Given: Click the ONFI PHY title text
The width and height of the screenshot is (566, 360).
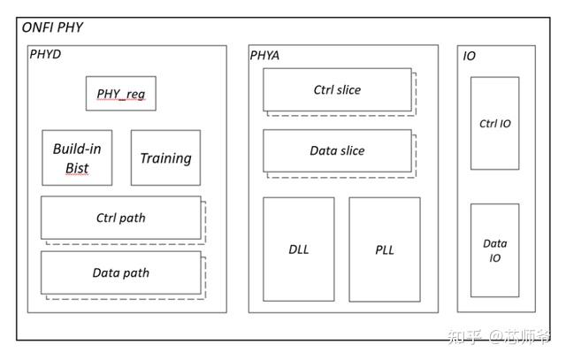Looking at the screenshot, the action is [52, 27].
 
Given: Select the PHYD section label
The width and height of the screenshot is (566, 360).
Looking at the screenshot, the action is [45, 55].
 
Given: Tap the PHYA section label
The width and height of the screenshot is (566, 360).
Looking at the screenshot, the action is [264, 56].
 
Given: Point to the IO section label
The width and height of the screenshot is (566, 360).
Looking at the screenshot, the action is [469, 56].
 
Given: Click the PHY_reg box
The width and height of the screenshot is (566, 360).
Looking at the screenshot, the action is [121, 94].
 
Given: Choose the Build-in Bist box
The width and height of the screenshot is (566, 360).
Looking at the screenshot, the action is [77, 157].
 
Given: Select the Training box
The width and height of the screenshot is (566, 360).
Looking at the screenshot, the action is [165, 157].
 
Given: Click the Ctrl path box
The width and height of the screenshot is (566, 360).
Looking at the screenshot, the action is [121, 218].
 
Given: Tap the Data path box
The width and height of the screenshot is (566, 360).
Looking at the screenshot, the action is [121, 272].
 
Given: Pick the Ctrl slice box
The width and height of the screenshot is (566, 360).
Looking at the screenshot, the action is [337, 89].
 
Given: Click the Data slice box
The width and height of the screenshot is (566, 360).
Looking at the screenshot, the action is [337, 150].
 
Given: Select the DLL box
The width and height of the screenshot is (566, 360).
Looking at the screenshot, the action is [299, 249].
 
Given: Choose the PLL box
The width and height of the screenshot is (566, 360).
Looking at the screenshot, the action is [385, 249].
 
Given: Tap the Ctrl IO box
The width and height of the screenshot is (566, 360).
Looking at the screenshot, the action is [495, 123].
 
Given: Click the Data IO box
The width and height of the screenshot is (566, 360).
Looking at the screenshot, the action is [495, 250].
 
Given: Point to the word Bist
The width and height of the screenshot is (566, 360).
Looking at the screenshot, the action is [77, 168].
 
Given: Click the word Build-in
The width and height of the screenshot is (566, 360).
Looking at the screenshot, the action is [77, 149].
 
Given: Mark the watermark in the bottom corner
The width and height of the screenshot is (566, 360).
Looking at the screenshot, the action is [499, 336].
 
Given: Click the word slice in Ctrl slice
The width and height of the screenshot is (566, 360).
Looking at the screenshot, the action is [348, 89].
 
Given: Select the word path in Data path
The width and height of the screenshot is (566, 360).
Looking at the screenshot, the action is [134, 273].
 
